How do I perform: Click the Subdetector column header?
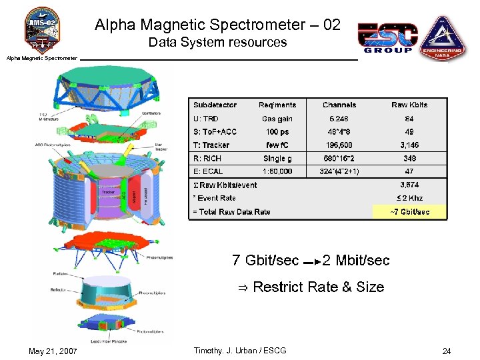[215, 105]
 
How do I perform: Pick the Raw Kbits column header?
[409, 105]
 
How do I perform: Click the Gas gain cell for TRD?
[277, 119]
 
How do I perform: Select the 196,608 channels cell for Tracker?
[339, 145]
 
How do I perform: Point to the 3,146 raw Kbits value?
[409, 145]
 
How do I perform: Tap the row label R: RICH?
[207, 159]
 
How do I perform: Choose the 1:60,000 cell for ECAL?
[277, 171]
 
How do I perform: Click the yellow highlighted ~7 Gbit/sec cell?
[409, 212]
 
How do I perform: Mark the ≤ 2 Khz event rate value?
[409, 198]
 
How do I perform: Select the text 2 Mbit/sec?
[356, 260]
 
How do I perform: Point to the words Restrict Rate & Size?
[318, 287]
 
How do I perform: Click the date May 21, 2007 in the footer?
[53, 351]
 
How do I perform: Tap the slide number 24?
[446, 351]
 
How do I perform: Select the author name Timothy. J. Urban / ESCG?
[239, 351]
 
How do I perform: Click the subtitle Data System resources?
[217, 43]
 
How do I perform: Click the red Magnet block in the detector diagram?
[134, 196]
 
